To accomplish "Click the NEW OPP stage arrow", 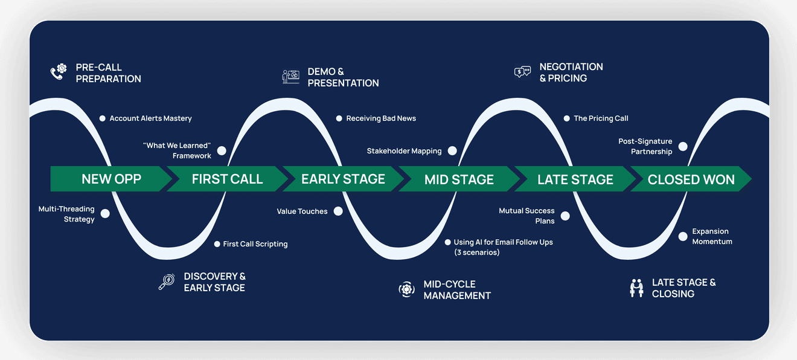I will click(x=111, y=179).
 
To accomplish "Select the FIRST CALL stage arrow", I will click(x=227, y=179).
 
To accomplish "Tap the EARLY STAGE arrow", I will click(x=343, y=179).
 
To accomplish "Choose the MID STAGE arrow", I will click(x=459, y=179).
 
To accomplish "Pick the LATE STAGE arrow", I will click(x=575, y=179).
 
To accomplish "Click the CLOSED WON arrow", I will click(x=691, y=179).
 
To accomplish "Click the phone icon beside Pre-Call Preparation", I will click(x=57, y=73).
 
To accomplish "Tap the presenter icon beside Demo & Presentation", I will click(x=290, y=77).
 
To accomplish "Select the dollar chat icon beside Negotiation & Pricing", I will click(x=522, y=72).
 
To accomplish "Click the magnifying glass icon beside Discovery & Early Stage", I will click(x=166, y=281).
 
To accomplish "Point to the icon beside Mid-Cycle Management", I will click(x=406, y=289).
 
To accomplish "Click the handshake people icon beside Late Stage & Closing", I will click(x=636, y=288).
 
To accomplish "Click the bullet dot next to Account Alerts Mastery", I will click(x=102, y=118).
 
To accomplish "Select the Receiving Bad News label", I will click(x=380, y=118).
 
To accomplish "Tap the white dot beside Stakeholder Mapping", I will click(x=452, y=151).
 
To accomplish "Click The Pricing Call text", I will click(x=601, y=118).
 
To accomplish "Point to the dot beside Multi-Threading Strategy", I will click(x=105, y=213).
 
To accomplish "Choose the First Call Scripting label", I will click(x=255, y=244).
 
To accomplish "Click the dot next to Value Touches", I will click(x=338, y=211).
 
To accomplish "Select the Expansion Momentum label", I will click(x=712, y=236).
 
